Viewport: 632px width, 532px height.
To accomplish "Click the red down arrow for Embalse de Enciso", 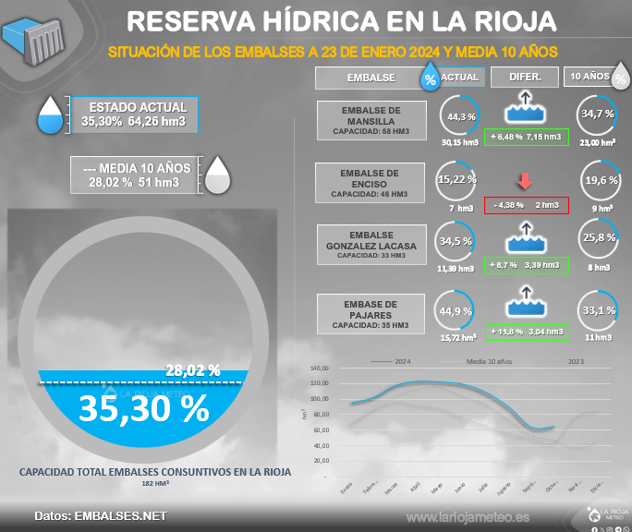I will coord(525,181).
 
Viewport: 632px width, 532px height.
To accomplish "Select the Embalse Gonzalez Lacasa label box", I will coord(371,246).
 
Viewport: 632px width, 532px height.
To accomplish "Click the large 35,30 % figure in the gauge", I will coord(143,408).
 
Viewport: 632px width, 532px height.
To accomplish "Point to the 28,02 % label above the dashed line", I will coord(193,370).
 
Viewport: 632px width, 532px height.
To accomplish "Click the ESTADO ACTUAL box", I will coord(136,115).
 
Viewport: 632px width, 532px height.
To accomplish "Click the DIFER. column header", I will coord(524,78).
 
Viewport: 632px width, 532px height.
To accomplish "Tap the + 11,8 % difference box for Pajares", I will coord(526,331).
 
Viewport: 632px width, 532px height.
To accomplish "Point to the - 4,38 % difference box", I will coord(525,204).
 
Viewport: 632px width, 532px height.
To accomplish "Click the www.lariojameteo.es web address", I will coord(468,517).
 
